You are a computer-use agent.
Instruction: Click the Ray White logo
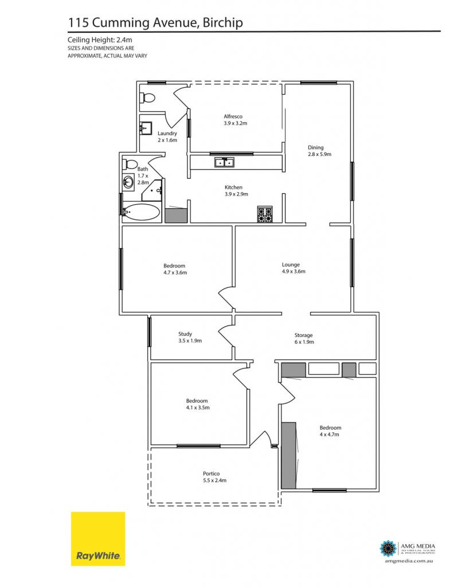(98, 539)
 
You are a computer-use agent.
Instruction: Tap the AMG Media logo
(407, 552)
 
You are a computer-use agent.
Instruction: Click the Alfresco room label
(235, 120)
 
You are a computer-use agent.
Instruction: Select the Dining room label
(319, 151)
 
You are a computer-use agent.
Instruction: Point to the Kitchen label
(236, 190)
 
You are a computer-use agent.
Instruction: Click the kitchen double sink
(224, 162)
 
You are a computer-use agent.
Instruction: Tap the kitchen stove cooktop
(265, 214)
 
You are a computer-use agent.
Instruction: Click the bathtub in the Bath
(141, 212)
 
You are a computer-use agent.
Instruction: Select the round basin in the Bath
(128, 183)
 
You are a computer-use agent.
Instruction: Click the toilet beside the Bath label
(130, 164)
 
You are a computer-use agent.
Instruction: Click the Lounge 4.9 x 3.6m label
(293, 268)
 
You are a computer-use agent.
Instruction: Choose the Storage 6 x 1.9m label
(304, 338)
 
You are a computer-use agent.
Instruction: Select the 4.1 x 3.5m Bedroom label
(198, 404)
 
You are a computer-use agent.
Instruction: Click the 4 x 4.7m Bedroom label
(330, 431)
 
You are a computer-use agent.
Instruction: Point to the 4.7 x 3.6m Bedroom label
(175, 269)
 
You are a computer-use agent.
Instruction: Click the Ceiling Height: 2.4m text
(100, 40)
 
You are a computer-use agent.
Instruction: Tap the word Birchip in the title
(223, 23)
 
